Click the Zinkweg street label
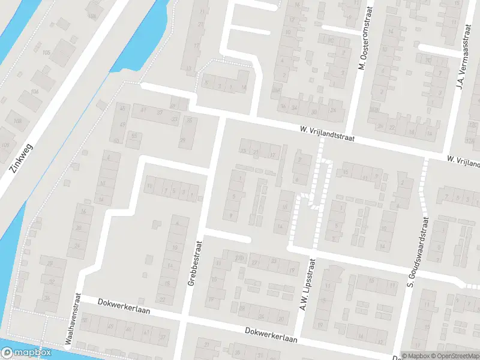tap(22, 158)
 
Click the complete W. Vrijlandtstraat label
tap(328, 134)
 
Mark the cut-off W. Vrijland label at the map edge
tap(463, 161)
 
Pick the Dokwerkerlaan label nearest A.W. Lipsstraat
tap(271, 334)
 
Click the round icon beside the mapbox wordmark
tap(8, 353)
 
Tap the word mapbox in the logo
tap(33, 353)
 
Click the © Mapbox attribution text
tap(415, 356)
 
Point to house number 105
tap(46, 53)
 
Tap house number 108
tap(17, 122)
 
